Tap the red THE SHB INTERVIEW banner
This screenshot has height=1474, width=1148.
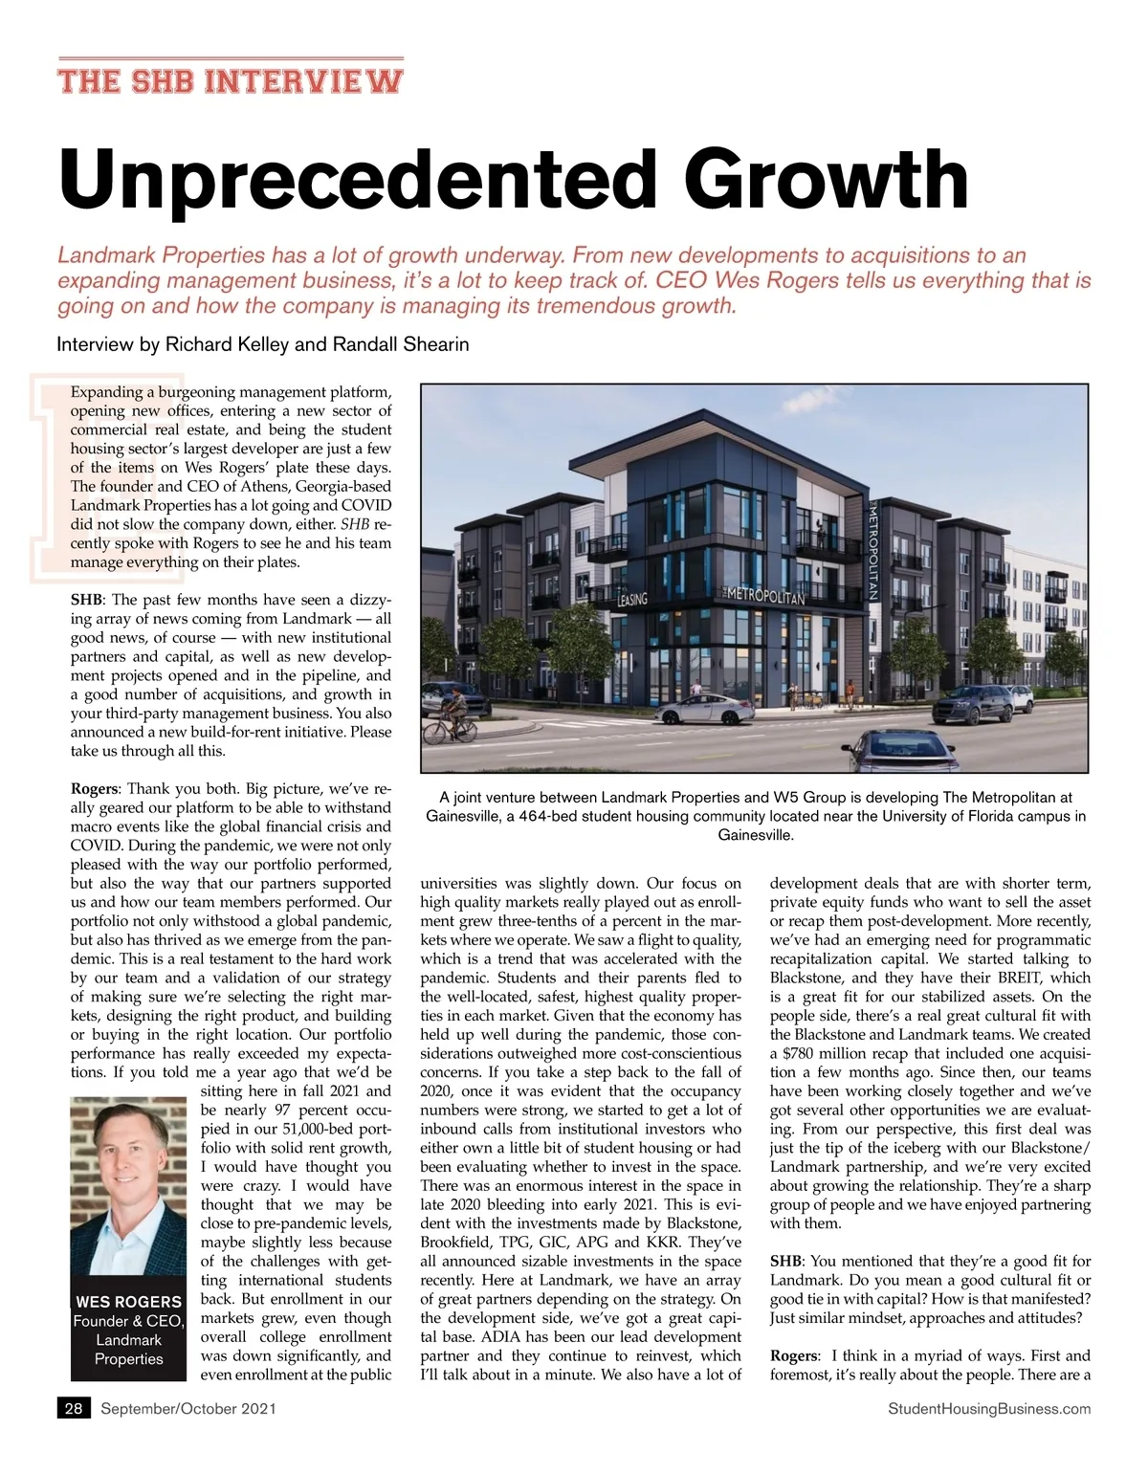[x=230, y=80]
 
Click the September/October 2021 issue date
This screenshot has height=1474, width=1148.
[x=188, y=1409]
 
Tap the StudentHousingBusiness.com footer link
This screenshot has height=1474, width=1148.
[x=989, y=1409]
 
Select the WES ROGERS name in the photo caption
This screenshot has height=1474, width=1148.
[x=128, y=1302]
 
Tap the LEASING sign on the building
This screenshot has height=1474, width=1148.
[x=632, y=600]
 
